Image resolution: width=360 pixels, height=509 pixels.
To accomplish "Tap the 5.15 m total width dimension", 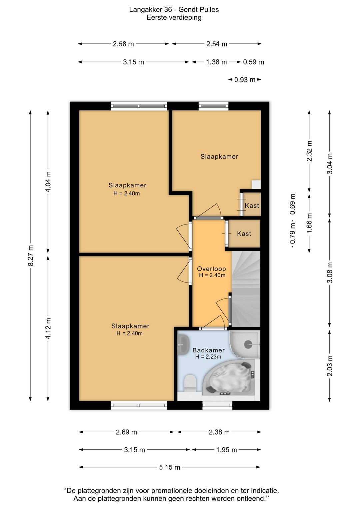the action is [x=169, y=467].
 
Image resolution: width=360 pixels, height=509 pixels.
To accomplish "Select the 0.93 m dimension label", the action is [x=245, y=79].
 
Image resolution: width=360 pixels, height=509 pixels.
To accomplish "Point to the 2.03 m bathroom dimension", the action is [x=330, y=366].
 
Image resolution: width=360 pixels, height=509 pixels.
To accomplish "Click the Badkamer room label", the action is [x=209, y=350].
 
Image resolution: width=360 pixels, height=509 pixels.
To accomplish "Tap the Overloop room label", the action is [x=211, y=269].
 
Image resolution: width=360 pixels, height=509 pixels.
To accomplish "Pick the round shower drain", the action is [x=248, y=345].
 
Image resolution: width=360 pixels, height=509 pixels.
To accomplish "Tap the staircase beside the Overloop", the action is [x=246, y=289].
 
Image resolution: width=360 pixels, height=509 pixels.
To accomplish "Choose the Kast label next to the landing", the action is [x=244, y=233].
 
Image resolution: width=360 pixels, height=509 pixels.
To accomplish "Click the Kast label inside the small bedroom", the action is [x=252, y=206].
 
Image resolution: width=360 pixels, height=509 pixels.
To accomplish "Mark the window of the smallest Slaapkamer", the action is [x=214, y=106].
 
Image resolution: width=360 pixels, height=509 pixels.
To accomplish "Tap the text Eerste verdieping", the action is [x=174, y=17].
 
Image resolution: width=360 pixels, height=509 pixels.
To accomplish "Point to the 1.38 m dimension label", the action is [x=216, y=62].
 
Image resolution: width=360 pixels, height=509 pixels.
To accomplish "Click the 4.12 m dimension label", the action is [x=48, y=329].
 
